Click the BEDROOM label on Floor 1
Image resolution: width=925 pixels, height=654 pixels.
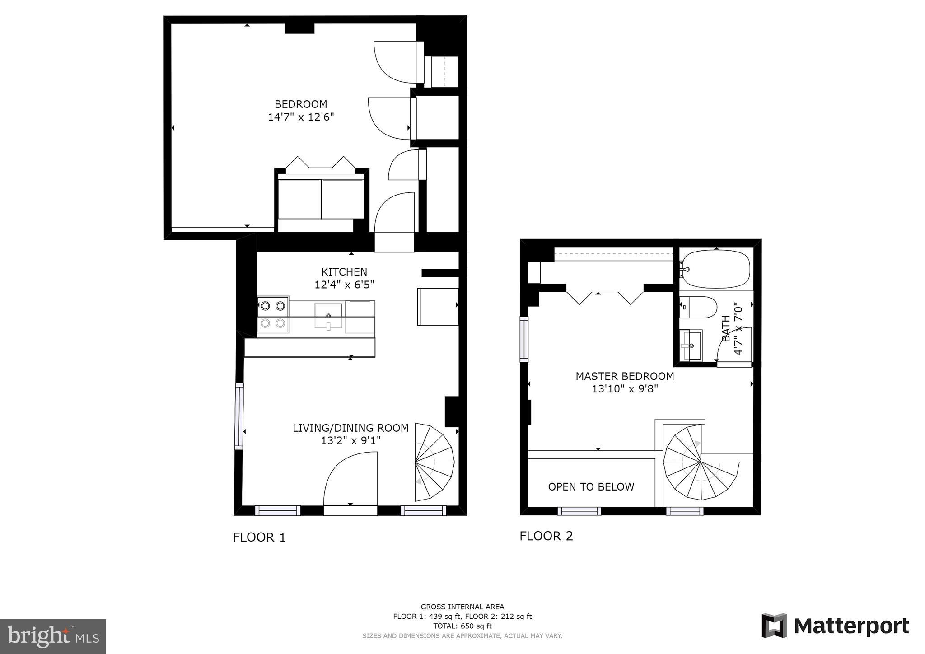pos(301,104)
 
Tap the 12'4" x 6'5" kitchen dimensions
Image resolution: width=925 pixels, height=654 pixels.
pos(344,285)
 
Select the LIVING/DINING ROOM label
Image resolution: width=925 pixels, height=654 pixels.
pos(350,428)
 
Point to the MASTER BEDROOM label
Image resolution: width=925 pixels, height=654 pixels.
pos(625,376)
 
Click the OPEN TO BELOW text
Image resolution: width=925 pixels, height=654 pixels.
pos(591,486)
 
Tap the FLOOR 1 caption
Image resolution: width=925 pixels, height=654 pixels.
pos(259,537)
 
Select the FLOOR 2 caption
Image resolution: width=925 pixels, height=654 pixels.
pos(546,536)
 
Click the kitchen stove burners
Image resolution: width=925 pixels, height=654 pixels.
pos(273,314)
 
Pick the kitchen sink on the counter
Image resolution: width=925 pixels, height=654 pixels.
pos(328,316)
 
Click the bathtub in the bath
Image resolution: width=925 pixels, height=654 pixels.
pos(716,269)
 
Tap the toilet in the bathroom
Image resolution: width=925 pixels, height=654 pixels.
pos(698,307)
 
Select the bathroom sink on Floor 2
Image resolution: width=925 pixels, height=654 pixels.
pos(691,346)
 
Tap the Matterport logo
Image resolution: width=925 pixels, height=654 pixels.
pos(836,626)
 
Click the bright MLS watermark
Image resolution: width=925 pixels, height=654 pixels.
pos(53,636)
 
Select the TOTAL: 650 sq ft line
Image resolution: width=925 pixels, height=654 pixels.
pos(462,626)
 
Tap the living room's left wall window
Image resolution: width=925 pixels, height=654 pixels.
pos(239,416)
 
